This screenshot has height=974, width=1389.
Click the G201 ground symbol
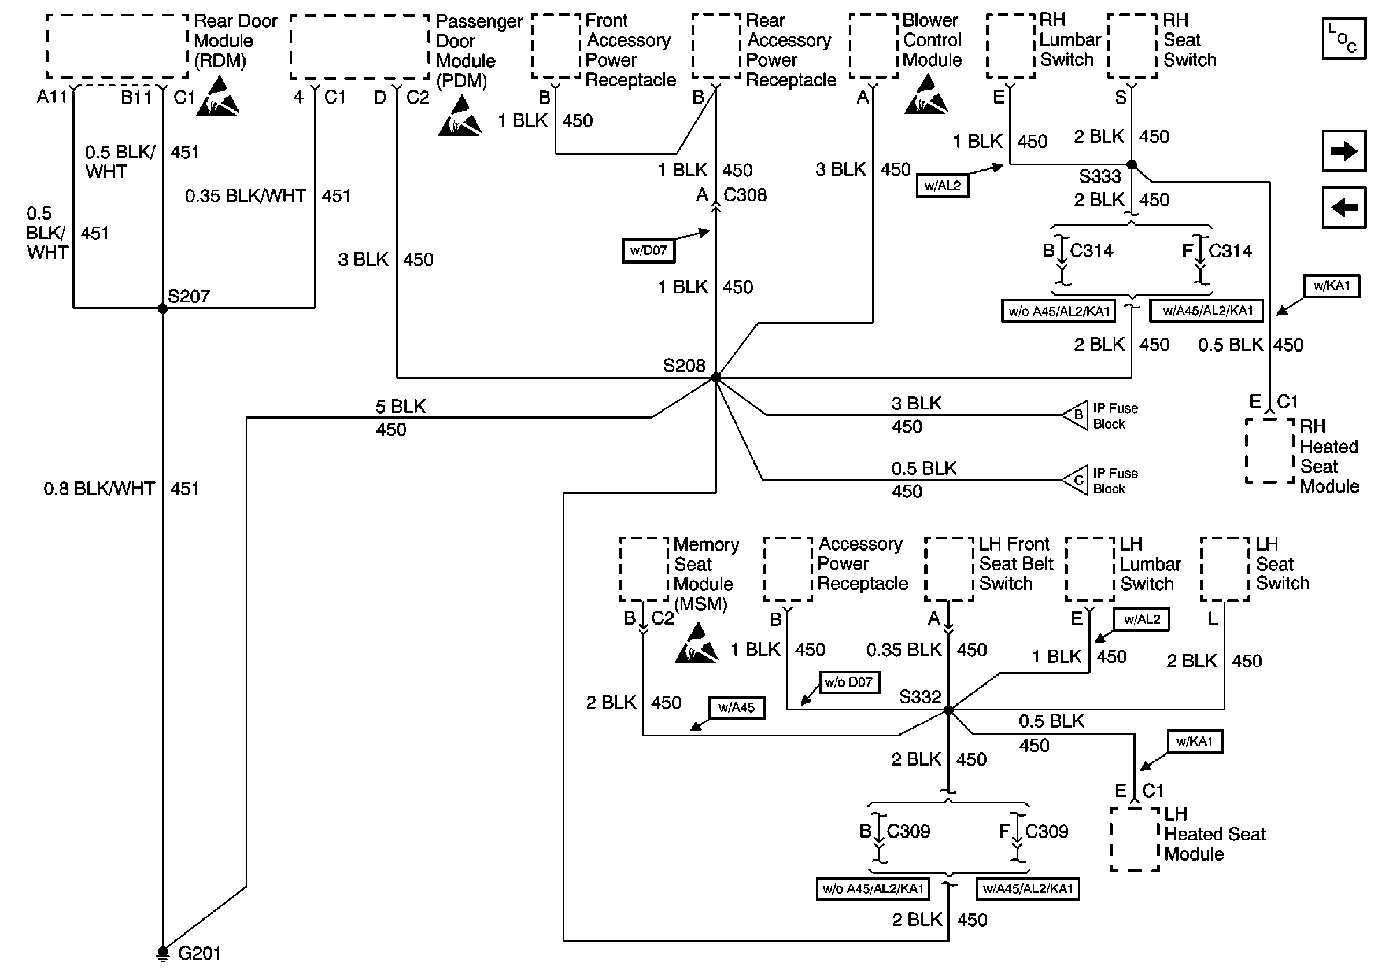click(x=162, y=953)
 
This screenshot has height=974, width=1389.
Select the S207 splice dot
click(x=162, y=309)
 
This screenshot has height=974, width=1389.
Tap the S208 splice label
click(x=684, y=366)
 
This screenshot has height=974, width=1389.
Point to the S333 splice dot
click(x=1131, y=165)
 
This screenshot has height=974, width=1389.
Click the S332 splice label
click(x=919, y=697)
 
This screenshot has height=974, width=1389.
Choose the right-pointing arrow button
click(x=1344, y=150)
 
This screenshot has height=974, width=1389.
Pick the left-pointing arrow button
click(x=1344, y=208)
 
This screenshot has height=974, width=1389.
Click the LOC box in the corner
click(x=1344, y=38)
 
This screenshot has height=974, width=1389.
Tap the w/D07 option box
click(x=648, y=250)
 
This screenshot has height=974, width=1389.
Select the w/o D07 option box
click(x=849, y=682)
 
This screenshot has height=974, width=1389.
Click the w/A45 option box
click(x=736, y=707)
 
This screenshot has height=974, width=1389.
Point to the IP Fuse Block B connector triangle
click(x=1075, y=415)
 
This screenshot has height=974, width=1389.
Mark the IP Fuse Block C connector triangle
click(x=1075, y=480)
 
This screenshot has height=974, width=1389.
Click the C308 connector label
click(x=745, y=195)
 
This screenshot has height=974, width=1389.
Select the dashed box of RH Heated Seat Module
click(x=1269, y=451)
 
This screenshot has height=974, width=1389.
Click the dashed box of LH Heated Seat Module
click(x=1135, y=839)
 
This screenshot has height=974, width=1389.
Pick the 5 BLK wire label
click(x=401, y=407)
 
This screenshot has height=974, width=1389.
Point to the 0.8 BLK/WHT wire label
click(x=99, y=488)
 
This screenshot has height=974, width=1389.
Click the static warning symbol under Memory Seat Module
click(x=696, y=644)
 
